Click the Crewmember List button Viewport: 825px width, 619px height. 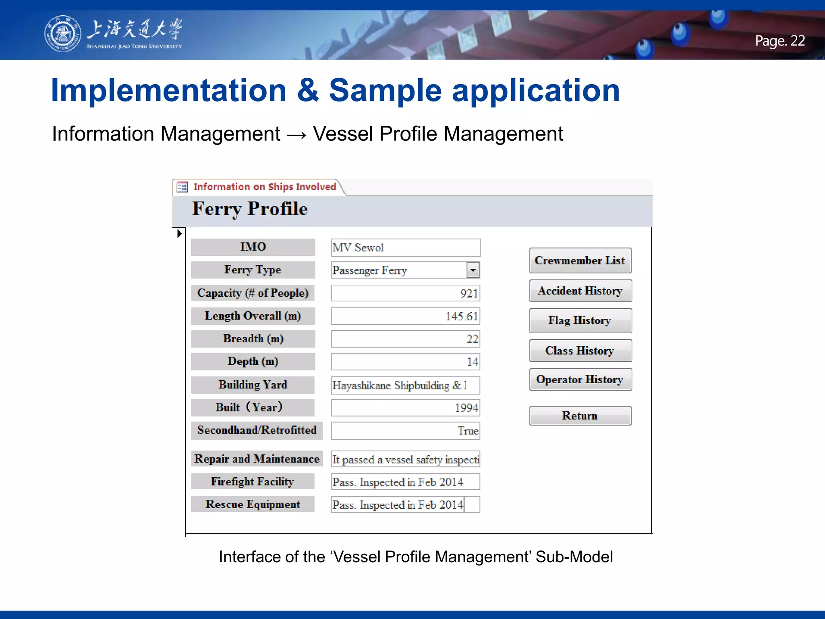click(580, 261)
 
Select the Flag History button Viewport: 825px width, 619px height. click(580, 321)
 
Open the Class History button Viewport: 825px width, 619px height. click(580, 351)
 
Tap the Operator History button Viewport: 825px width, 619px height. click(580, 380)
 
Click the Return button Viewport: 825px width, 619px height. click(580, 416)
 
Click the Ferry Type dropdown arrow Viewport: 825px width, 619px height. click(473, 270)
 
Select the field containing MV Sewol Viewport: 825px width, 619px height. click(405, 247)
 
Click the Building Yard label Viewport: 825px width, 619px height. click(253, 385)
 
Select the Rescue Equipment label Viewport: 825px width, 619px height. click(253, 505)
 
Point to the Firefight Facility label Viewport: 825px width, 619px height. click(253, 482)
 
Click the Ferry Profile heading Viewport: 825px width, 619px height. click(250, 209)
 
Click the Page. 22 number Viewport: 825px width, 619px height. click(779, 41)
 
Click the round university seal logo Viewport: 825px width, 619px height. click(62, 33)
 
